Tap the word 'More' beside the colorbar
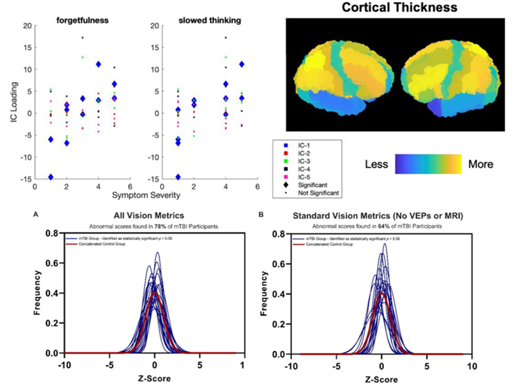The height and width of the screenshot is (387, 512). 480,163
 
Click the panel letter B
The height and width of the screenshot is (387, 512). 263,214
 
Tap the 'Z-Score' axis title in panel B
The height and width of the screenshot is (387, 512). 382,378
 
